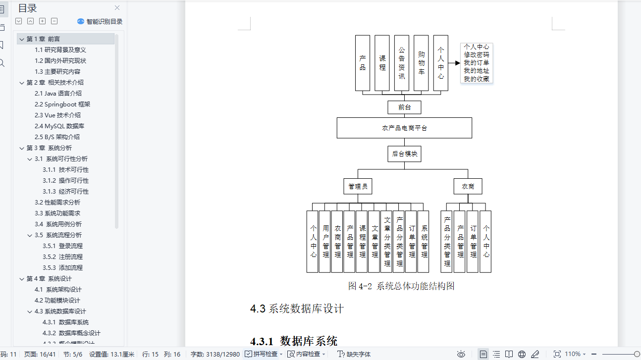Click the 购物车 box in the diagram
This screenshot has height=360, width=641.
tap(421, 63)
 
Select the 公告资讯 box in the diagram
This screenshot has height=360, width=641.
tap(401, 63)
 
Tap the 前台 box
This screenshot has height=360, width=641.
tap(404, 107)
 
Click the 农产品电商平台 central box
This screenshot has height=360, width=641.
tap(404, 128)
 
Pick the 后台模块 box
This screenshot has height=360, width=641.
tap(404, 154)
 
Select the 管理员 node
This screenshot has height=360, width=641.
tap(358, 186)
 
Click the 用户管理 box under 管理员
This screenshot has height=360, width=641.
tap(325, 242)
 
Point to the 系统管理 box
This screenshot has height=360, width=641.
tap(424, 242)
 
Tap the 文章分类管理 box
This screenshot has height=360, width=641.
tap(387, 242)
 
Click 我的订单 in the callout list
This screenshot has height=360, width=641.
tap(476, 63)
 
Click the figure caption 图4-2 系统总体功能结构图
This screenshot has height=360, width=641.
tap(401, 286)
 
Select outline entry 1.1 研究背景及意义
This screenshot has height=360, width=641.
tap(60, 50)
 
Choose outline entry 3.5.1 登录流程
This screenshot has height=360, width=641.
tap(62, 246)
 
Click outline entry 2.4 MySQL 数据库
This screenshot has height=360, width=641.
tap(59, 126)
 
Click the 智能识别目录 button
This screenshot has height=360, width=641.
tap(100, 21)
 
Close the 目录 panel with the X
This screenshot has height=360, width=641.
tap(117, 7)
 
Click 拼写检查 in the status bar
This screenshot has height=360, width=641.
tap(264, 354)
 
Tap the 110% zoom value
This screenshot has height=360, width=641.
tap(573, 354)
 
